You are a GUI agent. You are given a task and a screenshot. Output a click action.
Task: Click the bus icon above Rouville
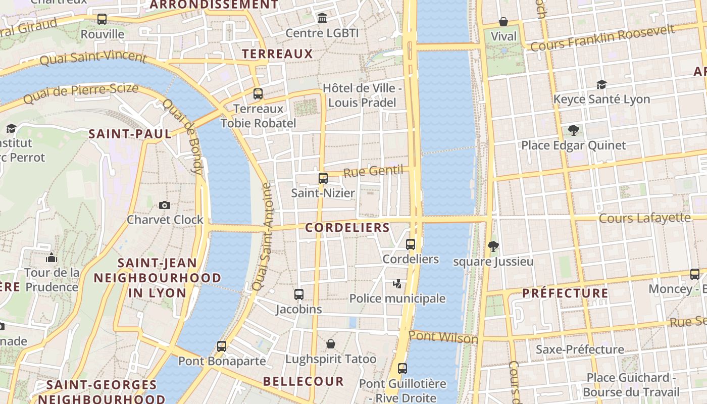pos(102,19)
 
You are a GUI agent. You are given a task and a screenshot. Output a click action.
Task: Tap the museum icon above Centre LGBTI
pos(322,18)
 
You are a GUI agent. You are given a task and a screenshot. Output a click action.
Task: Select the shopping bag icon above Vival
pos(503,22)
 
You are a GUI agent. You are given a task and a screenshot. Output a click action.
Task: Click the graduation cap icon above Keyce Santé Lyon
pos(601,84)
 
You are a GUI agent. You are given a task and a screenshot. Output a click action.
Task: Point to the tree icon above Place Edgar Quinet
pos(573,130)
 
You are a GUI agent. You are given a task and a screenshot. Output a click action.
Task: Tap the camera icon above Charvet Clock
pos(165,205)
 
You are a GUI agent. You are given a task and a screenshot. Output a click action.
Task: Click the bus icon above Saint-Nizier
pos(323,178)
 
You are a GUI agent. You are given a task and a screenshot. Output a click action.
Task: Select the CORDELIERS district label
pos(347,228)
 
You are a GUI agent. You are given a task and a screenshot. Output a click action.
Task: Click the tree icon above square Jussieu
pos(493,246)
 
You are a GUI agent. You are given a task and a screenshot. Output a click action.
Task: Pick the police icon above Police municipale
pos(397,284)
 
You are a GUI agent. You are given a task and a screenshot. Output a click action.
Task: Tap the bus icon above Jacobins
pos(299,294)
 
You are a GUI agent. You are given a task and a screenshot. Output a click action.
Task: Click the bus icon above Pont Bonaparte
pos(222,346)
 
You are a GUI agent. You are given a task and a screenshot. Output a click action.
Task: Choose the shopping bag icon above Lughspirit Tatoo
pos(331,344)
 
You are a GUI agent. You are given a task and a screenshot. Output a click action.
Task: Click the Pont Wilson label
pos(443,337)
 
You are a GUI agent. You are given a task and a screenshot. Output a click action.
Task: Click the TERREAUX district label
pos(277,54)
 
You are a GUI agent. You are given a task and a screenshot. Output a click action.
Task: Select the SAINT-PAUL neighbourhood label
pos(130,134)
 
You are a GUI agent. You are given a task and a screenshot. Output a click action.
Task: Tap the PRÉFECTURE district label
pos(565,293)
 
